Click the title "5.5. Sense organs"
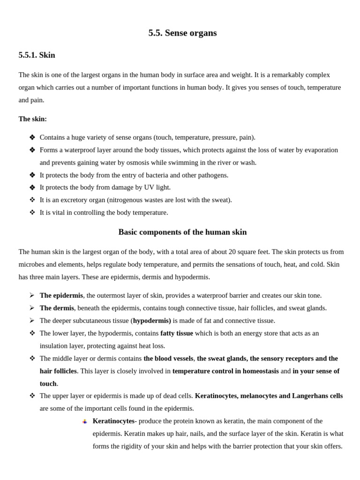pos(182,33)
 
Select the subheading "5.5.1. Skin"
pos(37,55)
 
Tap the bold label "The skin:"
pos(32,119)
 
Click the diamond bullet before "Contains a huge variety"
pos(32,137)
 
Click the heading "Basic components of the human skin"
pos(182,232)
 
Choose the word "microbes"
pos(31,264)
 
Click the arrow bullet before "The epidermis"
pos(32,295)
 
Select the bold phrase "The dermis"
pos(57,308)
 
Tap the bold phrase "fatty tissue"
pos(176,333)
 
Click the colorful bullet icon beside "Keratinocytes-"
pos(85,421)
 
